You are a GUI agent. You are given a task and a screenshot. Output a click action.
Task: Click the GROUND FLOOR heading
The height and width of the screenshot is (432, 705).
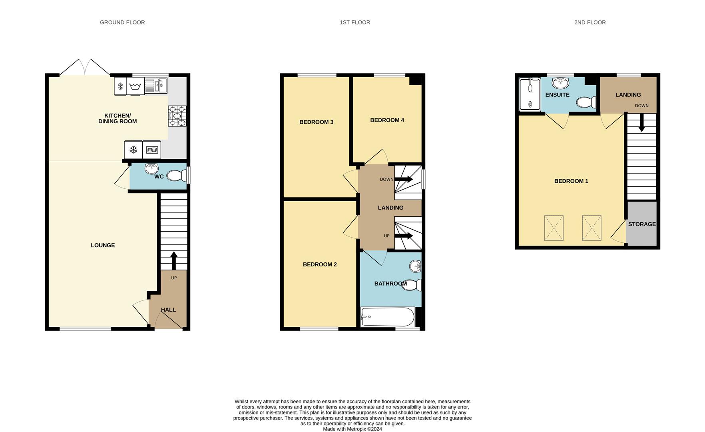point(122,22)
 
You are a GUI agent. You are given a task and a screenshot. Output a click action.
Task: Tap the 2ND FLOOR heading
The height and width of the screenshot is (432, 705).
point(590,22)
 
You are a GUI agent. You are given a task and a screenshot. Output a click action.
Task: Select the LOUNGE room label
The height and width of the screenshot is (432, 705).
point(103,245)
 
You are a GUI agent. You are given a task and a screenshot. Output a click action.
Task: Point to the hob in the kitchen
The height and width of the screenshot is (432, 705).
point(177,116)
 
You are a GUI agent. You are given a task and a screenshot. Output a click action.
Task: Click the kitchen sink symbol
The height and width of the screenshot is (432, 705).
point(156,86)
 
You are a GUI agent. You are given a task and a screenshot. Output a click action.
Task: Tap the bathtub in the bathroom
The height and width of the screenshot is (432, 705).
point(388,317)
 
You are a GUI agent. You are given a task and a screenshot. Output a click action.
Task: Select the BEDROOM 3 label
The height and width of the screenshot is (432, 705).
point(316,122)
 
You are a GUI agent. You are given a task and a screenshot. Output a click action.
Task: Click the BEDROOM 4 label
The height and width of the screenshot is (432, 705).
point(387,120)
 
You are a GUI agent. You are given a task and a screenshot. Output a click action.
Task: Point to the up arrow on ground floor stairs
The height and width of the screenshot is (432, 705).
point(174,260)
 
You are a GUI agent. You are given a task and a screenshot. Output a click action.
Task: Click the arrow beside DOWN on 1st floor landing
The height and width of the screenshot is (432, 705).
point(404,179)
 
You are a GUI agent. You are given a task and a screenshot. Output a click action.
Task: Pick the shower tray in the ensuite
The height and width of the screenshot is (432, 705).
point(530,94)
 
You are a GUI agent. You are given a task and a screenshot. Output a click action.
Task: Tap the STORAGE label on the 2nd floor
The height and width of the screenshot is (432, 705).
point(642,224)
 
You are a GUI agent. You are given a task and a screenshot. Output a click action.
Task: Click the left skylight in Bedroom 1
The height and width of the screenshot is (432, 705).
point(554,228)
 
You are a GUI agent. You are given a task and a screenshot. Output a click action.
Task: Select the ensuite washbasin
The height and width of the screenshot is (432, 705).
point(560,83)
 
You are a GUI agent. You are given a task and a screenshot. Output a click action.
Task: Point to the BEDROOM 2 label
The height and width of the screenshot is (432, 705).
point(320,264)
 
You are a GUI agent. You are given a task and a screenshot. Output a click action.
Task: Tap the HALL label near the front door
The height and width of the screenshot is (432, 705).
point(168,310)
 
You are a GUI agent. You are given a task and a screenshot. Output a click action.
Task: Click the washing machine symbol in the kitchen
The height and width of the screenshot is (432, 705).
point(135,86)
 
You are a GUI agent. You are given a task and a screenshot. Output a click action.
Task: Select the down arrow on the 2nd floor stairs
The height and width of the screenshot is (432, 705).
point(641,123)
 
